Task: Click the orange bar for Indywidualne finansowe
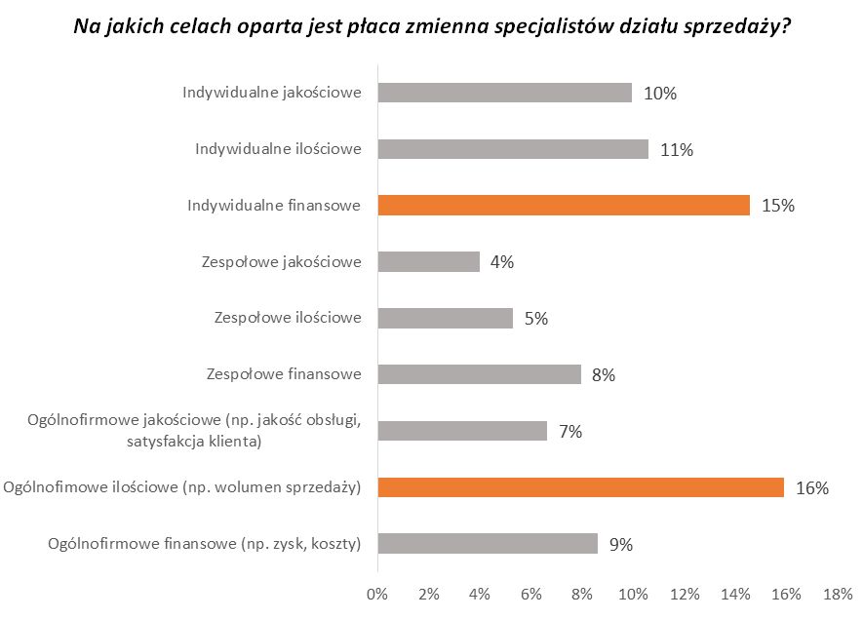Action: [x=563, y=205]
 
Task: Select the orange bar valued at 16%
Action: [x=580, y=487]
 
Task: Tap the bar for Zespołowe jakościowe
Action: [x=428, y=261]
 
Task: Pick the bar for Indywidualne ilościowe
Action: [x=512, y=149]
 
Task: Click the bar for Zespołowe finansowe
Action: [x=479, y=374]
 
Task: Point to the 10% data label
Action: [x=660, y=94]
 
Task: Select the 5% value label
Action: [x=535, y=319]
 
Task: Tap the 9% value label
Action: [x=620, y=545]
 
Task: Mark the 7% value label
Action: [x=569, y=432]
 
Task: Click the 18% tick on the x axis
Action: [x=838, y=594]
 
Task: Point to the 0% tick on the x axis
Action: [x=376, y=594]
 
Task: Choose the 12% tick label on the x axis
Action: [x=684, y=594]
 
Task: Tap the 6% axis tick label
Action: [x=530, y=594]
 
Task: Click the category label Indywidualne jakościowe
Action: [x=272, y=93]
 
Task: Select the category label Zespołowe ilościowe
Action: [x=287, y=318]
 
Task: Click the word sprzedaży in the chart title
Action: [x=744, y=27]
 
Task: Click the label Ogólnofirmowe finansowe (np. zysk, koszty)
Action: [x=205, y=544]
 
